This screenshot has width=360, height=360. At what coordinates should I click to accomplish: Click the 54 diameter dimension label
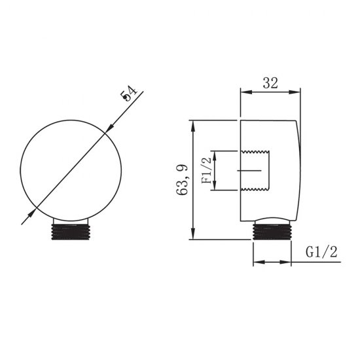129,94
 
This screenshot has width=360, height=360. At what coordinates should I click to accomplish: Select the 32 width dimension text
270,83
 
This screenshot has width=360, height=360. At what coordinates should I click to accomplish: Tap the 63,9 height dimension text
183,180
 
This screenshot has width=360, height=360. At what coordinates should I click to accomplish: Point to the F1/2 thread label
206,170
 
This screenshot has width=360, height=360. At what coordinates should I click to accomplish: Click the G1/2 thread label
321,252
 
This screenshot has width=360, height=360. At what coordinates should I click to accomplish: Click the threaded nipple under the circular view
70,232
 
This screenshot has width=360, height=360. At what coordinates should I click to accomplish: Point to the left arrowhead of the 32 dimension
245,92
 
